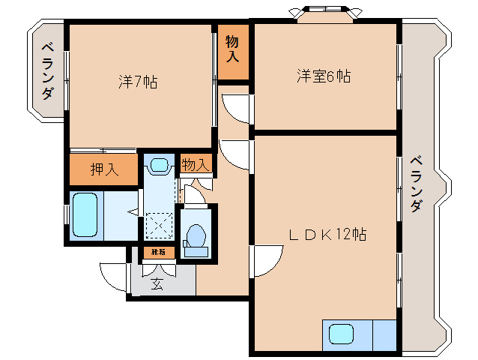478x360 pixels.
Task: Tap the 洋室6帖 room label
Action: point(324,76)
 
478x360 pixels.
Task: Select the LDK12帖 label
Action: point(327,235)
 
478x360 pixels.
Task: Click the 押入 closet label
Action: point(104,169)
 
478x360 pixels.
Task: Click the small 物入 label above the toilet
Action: point(196,164)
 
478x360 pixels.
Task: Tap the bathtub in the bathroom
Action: point(85,215)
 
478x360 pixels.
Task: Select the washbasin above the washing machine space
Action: point(158,164)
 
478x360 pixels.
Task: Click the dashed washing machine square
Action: point(158,225)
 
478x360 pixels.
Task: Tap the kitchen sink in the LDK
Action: point(341,334)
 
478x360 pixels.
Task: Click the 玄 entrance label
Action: point(157,283)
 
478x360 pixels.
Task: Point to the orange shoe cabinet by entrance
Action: point(158,253)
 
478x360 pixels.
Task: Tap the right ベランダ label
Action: point(417,184)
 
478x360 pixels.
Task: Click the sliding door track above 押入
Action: point(103,150)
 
